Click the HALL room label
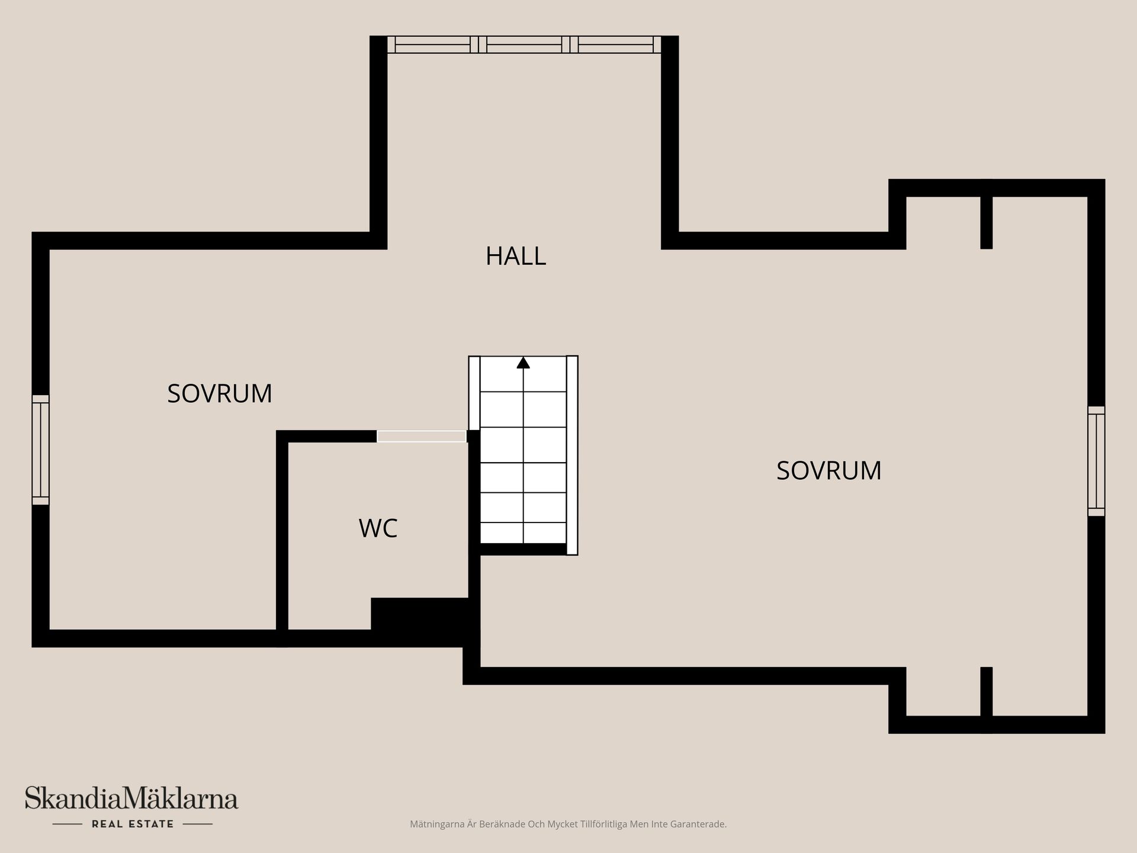pos(515,256)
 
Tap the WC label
pos(378,528)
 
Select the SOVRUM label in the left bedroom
pos(219,394)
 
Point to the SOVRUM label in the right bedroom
pos(828,471)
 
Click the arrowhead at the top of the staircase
pos(523,363)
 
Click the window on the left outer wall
pos(40,450)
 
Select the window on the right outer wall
pos(1096,461)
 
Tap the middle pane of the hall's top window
pos(524,44)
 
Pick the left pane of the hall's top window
pos(432,44)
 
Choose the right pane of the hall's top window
pos(616,44)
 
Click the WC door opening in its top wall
pos(422,437)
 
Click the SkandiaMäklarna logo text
pos(131,799)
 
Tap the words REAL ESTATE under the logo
pos(133,824)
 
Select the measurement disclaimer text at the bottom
pos(568,824)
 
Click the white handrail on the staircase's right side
pos(572,455)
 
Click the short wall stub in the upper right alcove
pos(986,222)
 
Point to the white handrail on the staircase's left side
pos(474,393)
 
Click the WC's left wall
pos(282,533)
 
